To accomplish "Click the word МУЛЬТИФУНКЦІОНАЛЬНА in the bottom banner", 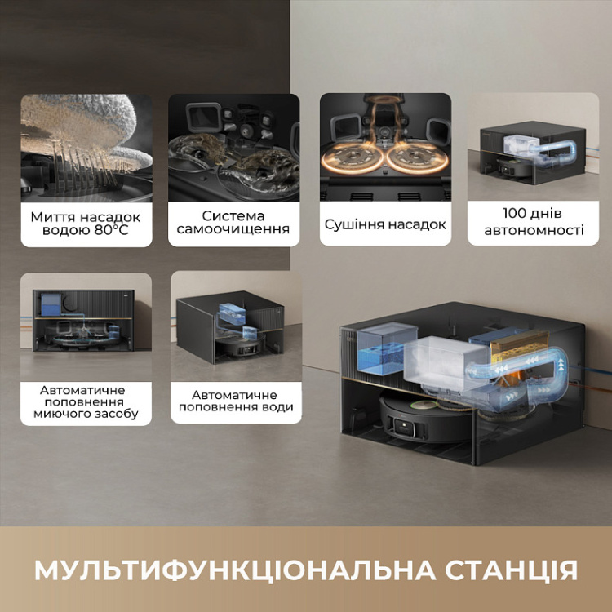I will pyautogui.click(x=215, y=570).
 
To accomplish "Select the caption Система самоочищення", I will pyautogui.click(x=233, y=223).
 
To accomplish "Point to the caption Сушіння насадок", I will pyautogui.click(x=385, y=224).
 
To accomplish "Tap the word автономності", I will pyautogui.click(x=534, y=231).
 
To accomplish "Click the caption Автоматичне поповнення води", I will pyautogui.click(x=233, y=401).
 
